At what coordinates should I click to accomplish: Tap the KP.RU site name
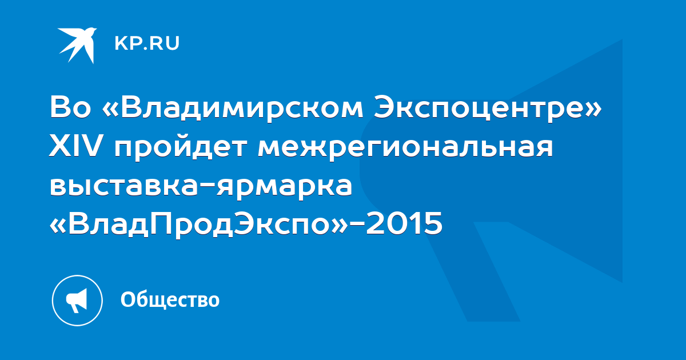[147, 43]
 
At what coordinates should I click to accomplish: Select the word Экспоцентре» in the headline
[488, 108]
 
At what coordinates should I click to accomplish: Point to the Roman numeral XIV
[75, 146]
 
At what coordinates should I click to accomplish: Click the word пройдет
[181, 149]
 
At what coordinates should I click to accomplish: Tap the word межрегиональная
[405, 149]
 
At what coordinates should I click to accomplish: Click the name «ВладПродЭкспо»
[199, 224]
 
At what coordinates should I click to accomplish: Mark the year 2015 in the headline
[404, 223]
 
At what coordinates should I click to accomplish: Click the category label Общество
[170, 300]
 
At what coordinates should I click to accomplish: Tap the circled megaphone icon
[77, 301]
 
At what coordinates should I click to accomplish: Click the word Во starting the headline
[70, 108]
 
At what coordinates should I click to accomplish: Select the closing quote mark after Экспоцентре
[593, 110]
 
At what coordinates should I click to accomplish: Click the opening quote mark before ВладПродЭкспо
[58, 226]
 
